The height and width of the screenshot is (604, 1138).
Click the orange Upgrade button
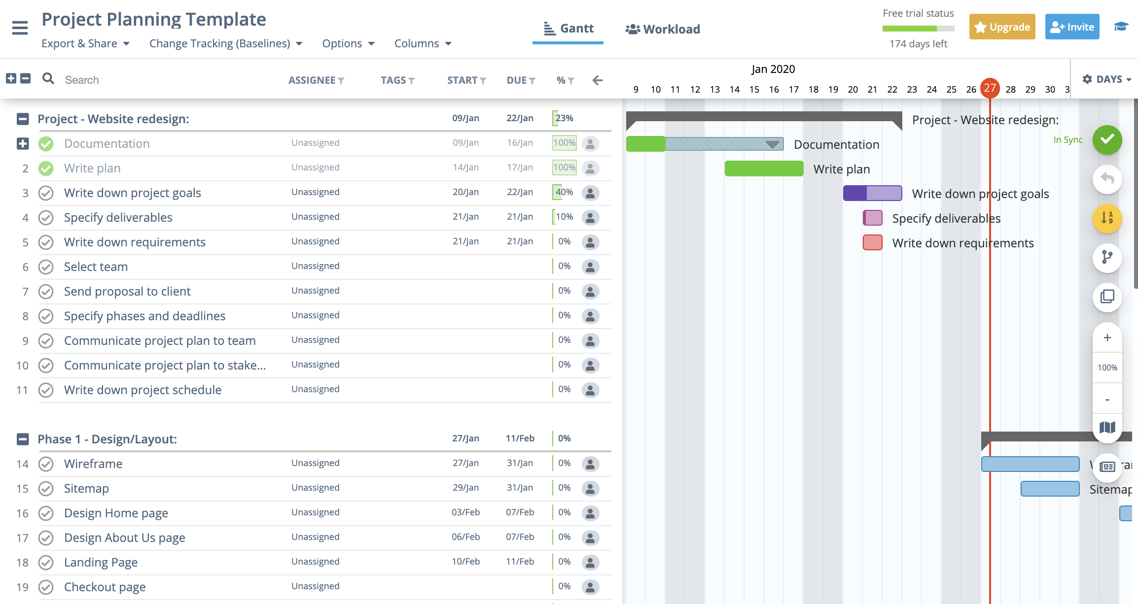(x=1002, y=27)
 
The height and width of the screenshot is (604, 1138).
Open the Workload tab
(x=663, y=29)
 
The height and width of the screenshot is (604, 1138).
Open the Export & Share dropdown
(x=85, y=43)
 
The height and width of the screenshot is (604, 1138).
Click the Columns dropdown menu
(x=423, y=43)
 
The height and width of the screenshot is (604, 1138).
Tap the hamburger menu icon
(x=20, y=28)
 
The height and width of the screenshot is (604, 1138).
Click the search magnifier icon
(x=48, y=78)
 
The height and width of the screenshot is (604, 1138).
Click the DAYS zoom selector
(x=1106, y=79)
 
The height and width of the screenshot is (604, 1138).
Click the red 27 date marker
(x=990, y=88)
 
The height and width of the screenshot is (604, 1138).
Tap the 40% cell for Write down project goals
(x=564, y=192)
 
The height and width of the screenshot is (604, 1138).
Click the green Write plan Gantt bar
(x=764, y=168)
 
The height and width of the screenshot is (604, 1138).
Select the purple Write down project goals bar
(x=872, y=193)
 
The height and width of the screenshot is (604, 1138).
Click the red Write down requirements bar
(x=872, y=242)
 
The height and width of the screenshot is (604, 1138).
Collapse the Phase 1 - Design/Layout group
(x=23, y=439)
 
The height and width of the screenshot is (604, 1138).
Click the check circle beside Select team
(x=46, y=267)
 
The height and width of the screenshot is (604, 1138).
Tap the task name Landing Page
(x=101, y=562)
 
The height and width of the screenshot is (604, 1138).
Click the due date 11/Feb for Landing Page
(x=520, y=562)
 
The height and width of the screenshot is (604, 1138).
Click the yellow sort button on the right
(x=1107, y=218)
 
